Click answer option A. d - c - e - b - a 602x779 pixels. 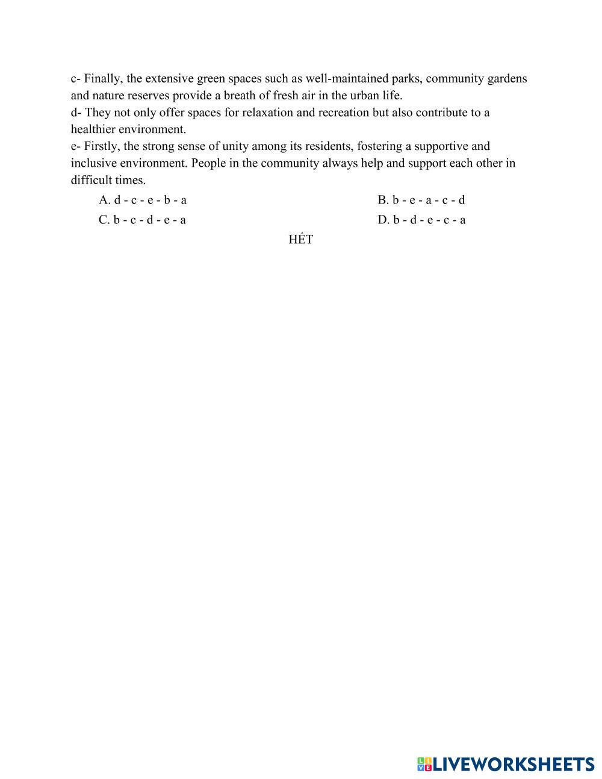click(x=143, y=200)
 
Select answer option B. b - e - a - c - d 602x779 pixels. click(x=421, y=200)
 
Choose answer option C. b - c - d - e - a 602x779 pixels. click(x=142, y=220)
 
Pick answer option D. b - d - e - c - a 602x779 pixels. click(x=421, y=220)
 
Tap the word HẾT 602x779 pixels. click(x=300, y=240)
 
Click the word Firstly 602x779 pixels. click(x=102, y=146)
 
